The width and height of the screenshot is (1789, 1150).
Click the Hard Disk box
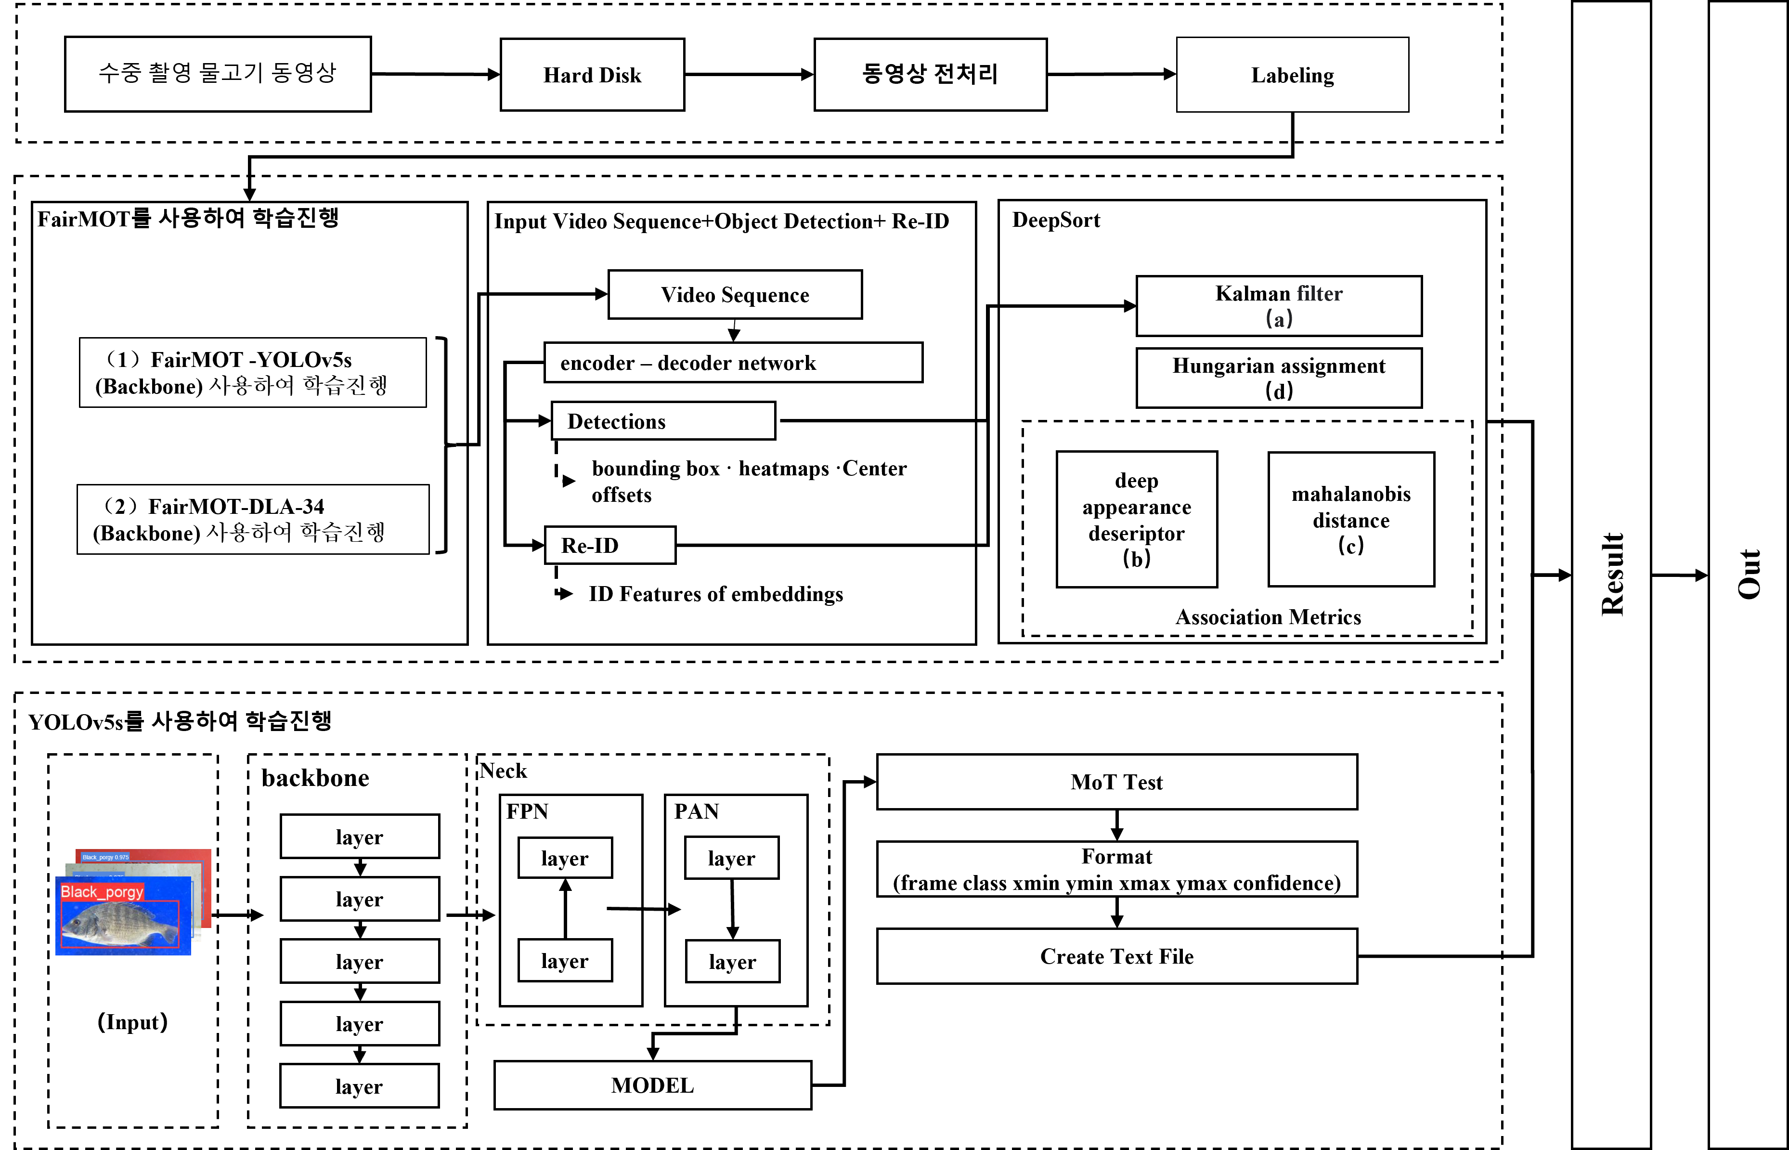tap(592, 75)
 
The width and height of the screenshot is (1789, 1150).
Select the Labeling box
tap(1292, 75)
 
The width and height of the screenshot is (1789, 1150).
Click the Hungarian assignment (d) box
tap(1279, 378)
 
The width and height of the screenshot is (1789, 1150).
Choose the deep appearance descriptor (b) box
tap(1136, 519)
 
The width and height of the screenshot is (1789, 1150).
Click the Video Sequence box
tap(734, 295)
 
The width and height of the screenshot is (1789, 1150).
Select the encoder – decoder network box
tap(733, 363)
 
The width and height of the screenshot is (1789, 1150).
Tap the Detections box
tap(663, 421)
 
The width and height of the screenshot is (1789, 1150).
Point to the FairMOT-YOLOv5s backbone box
tap(252, 373)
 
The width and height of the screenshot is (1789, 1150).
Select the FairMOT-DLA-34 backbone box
tap(252, 520)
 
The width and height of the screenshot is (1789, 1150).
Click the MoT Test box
tap(1116, 782)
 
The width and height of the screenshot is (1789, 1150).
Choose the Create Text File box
tap(1116, 956)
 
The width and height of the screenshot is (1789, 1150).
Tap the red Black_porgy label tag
tap(102, 891)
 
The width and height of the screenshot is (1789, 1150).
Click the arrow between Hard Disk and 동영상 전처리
tap(749, 75)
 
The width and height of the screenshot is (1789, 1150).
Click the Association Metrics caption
tap(1268, 617)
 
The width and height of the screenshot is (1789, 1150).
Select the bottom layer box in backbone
tap(359, 1086)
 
